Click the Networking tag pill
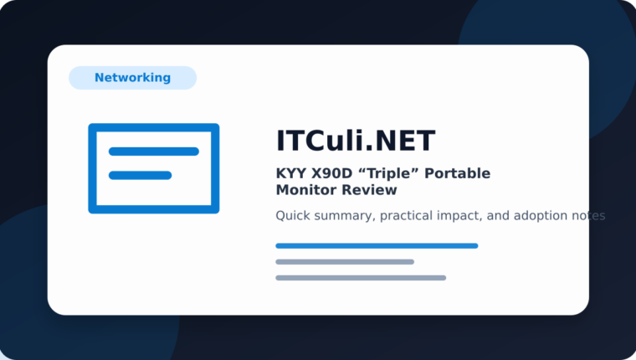(132, 78)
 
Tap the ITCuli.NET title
(356, 141)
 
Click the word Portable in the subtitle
(457, 173)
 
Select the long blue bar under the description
(377, 245)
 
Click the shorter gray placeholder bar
(345, 262)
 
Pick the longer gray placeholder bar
(361, 278)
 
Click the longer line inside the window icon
(154, 152)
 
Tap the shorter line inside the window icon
(140, 175)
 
